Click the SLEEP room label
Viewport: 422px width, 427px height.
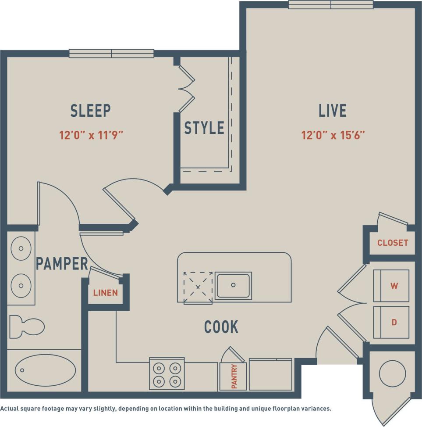pyautogui.click(x=90, y=111)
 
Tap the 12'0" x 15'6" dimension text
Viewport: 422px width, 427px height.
pyautogui.click(x=333, y=135)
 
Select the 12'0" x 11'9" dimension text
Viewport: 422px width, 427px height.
pyautogui.click(x=91, y=135)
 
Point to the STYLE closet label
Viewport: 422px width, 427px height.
pyautogui.click(x=204, y=128)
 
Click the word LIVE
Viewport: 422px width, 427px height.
pyautogui.click(x=333, y=111)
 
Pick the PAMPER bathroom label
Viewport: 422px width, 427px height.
pyautogui.click(x=62, y=264)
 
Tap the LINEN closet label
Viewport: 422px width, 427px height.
pyautogui.click(x=106, y=293)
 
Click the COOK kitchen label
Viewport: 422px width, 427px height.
pyautogui.click(x=221, y=327)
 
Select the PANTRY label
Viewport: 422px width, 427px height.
pyautogui.click(x=234, y=376)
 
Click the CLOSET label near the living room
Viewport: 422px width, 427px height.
pyautogui.click(x=393, y=243)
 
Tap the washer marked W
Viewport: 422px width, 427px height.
pyautogui.click(x=391, y=286)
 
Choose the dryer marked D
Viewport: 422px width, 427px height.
pyautogui.click(x=391, y=322)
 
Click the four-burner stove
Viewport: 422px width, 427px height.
pyautogui.click(x=167, y=373)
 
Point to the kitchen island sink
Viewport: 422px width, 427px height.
pyautogui.click(x=233, y=286)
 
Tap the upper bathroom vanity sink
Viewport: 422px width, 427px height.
pyautogui.click(x=21, y=249)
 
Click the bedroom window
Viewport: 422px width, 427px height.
pyautogui.click(x=111, y=54)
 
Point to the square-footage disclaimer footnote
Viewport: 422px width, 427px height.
pyautogui.click(x=166, y=409)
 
